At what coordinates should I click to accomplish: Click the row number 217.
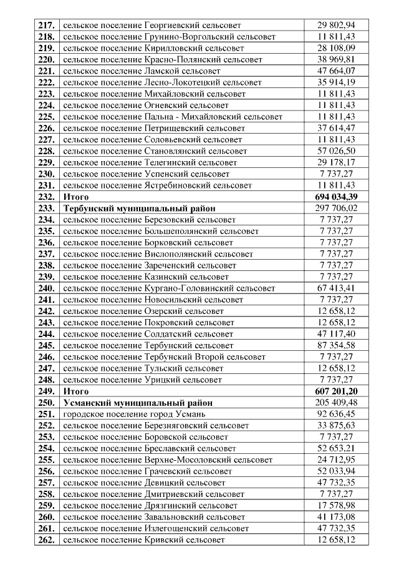(x=47, y=26)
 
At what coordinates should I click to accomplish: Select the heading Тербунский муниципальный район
(x=138, y=208)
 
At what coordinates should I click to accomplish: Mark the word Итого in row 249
(x=77, y=391)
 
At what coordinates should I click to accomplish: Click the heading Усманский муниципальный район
(x=138, y=403)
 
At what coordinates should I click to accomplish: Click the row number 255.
(x=47, y=459)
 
